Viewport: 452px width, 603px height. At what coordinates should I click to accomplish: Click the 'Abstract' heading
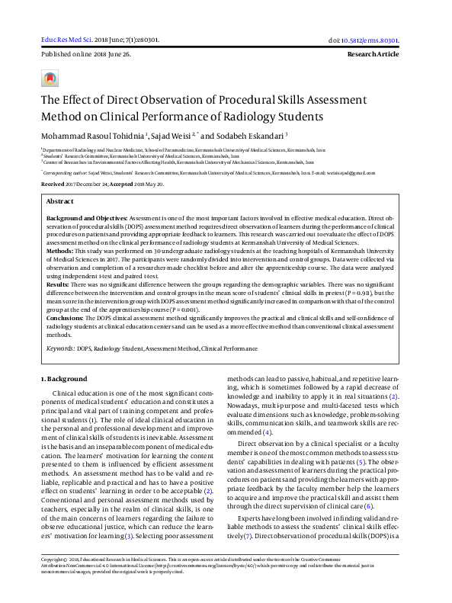point(60,201)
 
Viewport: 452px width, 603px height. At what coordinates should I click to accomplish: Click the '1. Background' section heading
point(64,379)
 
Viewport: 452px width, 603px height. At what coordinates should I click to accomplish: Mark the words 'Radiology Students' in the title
point(256,117)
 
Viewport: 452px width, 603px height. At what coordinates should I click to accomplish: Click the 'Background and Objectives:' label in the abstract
point(86,218)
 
